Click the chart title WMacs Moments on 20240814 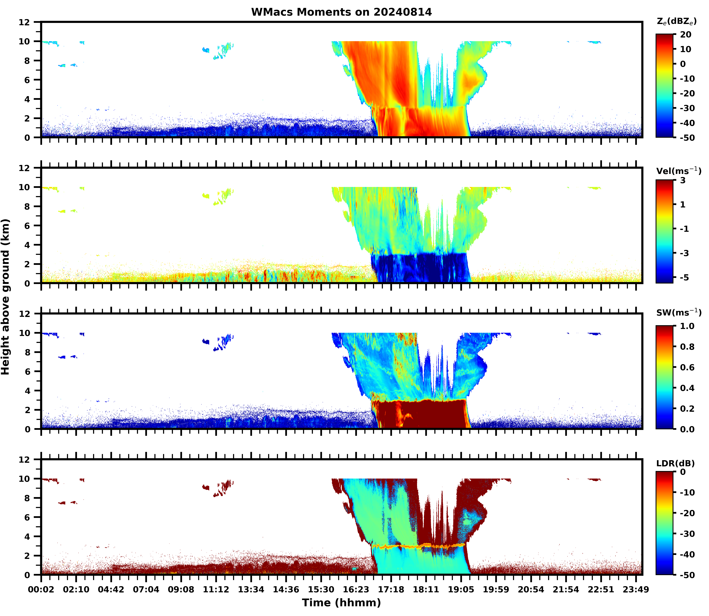pos(341,12)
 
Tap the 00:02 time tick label pos(41,590)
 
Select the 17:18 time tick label pos(391,590)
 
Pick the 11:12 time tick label pos(216,590)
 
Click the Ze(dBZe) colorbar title pos(676,21)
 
